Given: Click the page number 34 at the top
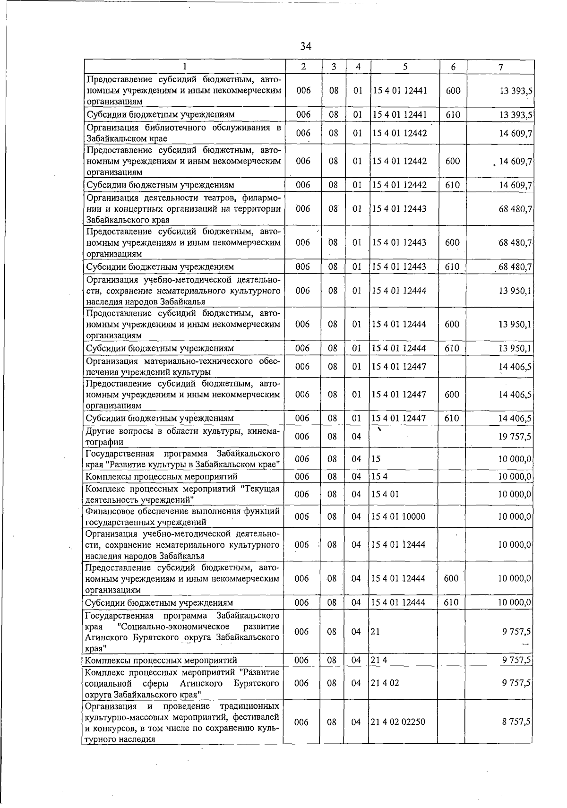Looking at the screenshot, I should click(306, 46).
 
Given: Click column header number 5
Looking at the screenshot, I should click(405, 67).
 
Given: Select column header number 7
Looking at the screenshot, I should click(500, 67).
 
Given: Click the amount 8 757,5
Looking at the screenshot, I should click(516, 722).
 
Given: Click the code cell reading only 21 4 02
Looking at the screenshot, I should click(385, 683).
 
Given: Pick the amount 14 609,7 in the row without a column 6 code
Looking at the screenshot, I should click(515, 133).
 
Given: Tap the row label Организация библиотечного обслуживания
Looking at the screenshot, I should click(183, 133).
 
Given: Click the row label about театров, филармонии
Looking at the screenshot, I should click(183, 208).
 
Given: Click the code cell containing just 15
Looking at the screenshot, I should click(376, 459).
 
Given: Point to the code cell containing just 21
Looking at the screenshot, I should click(376, 632).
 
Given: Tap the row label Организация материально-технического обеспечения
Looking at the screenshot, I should click(183, 367).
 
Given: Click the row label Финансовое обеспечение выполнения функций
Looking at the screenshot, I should click(183, 516).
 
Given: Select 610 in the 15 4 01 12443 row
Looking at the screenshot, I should click(452, 266).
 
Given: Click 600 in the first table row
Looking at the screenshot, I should click(453, 90).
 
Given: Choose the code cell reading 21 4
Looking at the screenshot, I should click(379, 660).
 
